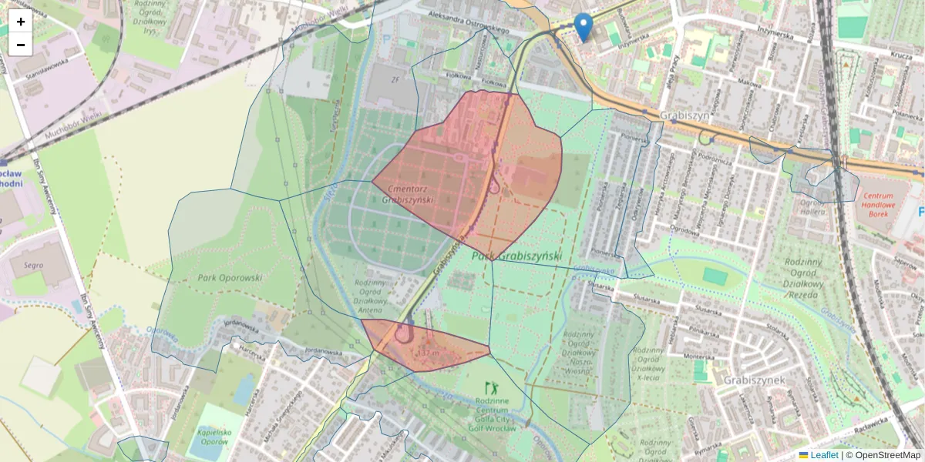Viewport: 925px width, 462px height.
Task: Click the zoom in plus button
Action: (21, 22)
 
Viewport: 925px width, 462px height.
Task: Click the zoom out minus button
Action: (21, 45)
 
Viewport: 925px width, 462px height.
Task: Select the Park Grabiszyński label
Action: (516, 256)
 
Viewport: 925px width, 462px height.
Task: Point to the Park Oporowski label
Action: (230, 278)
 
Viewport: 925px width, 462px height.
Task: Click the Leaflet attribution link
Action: (823, 455)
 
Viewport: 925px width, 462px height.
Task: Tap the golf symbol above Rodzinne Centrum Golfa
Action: (486, 387)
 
